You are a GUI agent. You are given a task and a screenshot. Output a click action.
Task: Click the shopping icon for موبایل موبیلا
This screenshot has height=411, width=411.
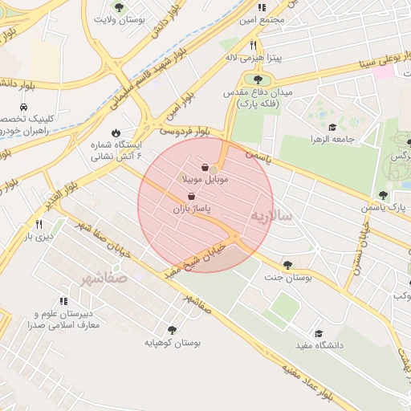tap(205, 167)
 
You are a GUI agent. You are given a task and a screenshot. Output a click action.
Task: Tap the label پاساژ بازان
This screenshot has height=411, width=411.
tap(190, 208)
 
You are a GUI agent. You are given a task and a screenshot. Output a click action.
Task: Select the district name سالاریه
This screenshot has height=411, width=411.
tap(271, 216)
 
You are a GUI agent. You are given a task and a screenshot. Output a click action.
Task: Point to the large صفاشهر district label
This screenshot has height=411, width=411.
tap(104, 279)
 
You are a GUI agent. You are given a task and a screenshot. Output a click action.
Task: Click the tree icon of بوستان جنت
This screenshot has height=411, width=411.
tap(287, 264)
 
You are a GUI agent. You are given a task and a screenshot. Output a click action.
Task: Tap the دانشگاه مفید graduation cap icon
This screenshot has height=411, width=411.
tap(318, 333)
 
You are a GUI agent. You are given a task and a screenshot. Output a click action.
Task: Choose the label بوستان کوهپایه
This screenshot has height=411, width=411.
tap(172, 343)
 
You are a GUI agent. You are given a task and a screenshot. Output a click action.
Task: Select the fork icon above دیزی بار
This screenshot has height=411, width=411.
tap(38, 224)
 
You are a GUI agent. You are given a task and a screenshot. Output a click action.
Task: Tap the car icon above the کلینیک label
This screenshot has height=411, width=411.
tap(24, 107)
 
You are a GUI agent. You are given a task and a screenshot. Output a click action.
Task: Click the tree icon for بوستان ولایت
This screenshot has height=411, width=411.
tap(119, 7)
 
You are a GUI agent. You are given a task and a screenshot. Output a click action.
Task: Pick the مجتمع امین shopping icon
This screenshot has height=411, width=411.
tap(261, 7)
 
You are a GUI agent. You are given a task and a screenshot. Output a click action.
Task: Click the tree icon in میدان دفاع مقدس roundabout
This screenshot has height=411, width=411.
tap(258, 79)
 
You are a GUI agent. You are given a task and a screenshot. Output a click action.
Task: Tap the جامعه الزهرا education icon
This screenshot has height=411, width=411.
tap(332, 126)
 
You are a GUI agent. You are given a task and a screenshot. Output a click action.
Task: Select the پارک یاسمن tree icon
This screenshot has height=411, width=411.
tap(383, 194)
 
